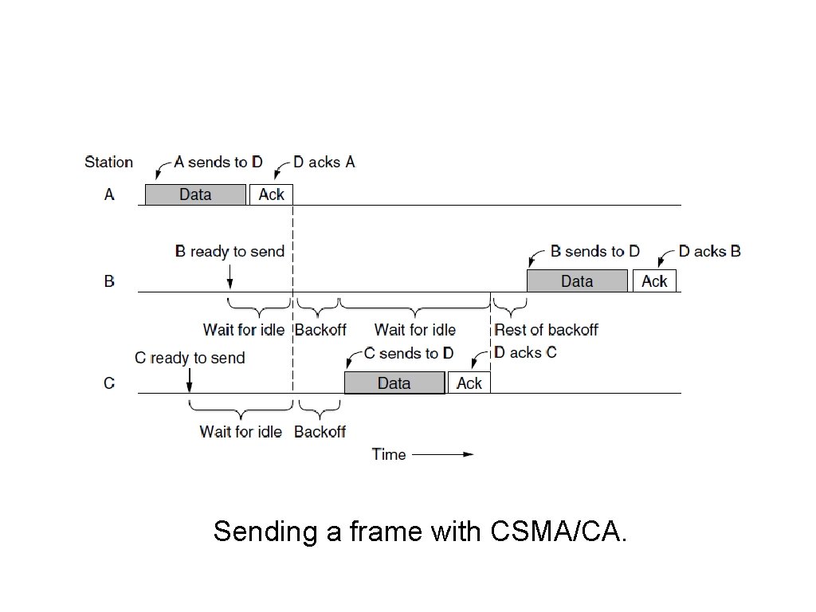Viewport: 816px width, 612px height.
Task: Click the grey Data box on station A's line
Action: (195, 194)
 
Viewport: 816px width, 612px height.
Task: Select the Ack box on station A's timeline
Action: (271, 194)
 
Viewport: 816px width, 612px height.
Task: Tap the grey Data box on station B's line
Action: (577, 280)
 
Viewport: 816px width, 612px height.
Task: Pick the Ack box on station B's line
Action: (654, 280)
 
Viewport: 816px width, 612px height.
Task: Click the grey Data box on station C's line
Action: (394, 382)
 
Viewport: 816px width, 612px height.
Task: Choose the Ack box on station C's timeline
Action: (469, 382)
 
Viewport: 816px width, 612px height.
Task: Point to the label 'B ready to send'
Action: (229, 252)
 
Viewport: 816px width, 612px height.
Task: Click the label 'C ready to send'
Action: (190, 358)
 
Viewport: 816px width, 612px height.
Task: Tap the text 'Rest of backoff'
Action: (546, 330)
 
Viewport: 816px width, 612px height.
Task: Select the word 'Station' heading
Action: (108, 162)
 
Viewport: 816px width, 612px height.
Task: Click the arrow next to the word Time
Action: (443, 454)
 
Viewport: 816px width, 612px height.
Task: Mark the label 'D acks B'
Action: (709, 251)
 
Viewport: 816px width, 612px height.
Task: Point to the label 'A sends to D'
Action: (218, 162)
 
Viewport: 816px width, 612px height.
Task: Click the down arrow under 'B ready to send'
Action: (229, 277)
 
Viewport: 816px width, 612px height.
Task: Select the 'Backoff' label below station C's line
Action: (320, 431)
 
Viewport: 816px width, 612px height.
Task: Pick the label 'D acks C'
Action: (525, 352)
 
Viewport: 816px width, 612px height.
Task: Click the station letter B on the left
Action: (109, 281)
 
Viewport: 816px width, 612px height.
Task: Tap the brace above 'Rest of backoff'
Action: (509, 304)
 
